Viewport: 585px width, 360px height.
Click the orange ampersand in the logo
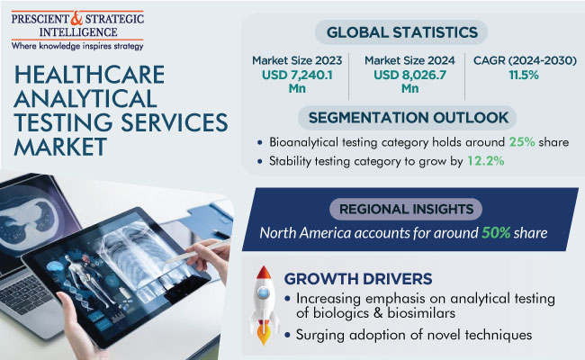[x=76, y=18]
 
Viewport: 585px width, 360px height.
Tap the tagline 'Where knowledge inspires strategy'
[x=77, y=46]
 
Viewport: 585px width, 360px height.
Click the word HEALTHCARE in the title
[x=89, y=75]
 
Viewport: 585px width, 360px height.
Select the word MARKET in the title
[x=61, y=147]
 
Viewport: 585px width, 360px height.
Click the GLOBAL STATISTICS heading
[x=401, y=32]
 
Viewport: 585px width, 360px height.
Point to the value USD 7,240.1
[x=297, y=75]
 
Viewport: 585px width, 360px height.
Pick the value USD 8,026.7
[x=409, y=75]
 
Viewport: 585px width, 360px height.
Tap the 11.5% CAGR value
[x=524, y=75]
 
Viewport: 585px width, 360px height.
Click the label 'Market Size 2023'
[x=297, y=60]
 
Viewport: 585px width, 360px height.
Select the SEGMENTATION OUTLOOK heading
[x=409, y=118]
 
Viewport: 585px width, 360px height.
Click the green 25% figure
[x=522, y=142]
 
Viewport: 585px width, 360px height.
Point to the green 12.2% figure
[x=486, y=161]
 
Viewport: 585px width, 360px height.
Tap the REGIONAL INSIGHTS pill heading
[x=406, y=209]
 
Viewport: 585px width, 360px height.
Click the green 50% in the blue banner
[x=496, y=233]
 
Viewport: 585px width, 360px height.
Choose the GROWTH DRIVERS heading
[x=358, y=279]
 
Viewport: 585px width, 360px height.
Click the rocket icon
[x=264, y=305]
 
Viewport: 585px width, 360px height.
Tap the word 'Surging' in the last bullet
[x=320, y=336]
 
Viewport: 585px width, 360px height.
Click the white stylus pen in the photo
[x=197, y=251]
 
